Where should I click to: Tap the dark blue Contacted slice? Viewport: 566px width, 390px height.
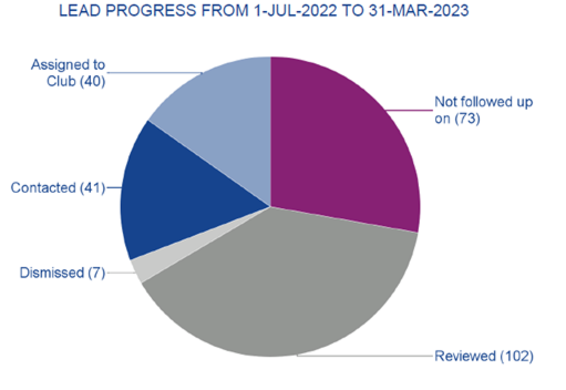(175, 198)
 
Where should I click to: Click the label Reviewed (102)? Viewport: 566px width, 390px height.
(484, 356)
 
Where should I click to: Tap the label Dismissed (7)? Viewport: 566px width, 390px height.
(62, 273)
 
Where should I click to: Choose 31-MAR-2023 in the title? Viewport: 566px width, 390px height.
(419, 11)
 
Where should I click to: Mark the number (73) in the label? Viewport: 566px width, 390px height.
(467, 118)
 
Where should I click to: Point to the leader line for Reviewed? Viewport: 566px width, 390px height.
(365, 356)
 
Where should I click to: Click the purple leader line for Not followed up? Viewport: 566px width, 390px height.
(410, 110)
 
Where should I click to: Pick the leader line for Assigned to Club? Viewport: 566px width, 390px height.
(154, 73)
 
